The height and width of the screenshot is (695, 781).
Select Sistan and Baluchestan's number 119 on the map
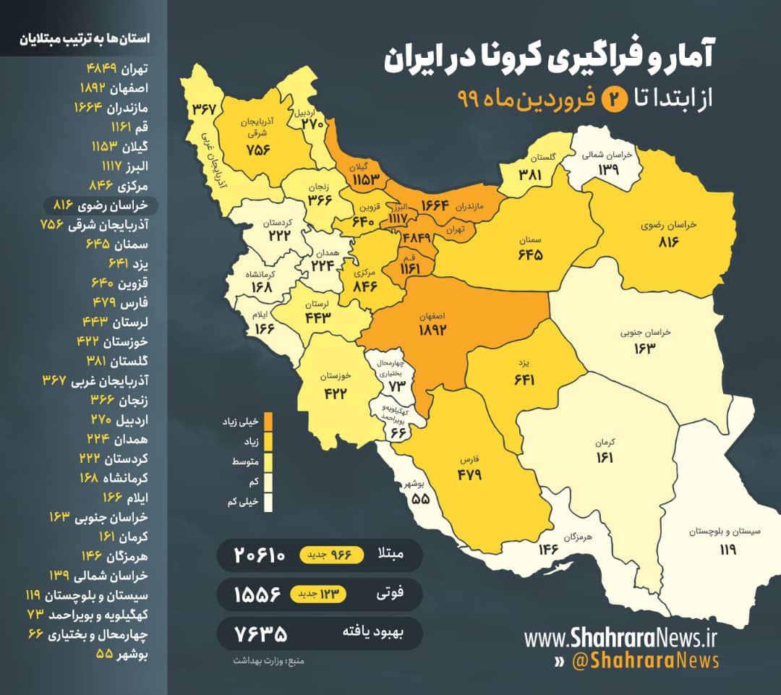tap(727, 550)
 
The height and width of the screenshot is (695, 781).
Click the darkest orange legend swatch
tap(268, 420)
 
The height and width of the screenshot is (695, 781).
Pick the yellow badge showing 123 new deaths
tap(319, 594)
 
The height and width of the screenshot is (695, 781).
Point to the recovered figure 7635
tap(261, 634)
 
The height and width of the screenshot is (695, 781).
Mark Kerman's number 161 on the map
tap(605, 457)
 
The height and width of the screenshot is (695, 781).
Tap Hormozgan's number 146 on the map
tap(549, 550)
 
